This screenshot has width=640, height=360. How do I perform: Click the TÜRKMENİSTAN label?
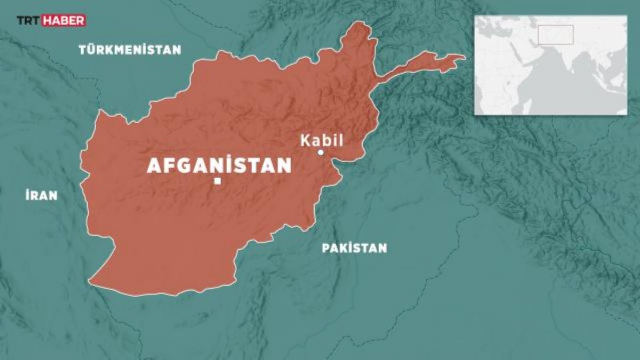coord(130,50)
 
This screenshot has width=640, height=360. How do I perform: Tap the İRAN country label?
coord(41,195)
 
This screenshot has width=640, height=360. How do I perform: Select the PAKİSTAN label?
coord(354,248)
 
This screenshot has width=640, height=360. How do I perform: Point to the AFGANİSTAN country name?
coord(219,166)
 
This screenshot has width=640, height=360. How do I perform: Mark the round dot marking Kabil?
coord(321,153)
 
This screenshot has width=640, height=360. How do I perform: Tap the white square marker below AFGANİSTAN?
coord(217,181)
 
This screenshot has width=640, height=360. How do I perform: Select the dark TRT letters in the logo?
coord(28,21)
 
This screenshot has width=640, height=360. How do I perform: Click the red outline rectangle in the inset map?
coord(555,34)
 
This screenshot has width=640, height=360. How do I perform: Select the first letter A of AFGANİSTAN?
coord(153,166)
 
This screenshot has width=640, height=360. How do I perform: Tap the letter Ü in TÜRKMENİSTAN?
coord(92,50)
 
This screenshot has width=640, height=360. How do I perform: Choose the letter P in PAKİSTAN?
coord(325,248)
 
